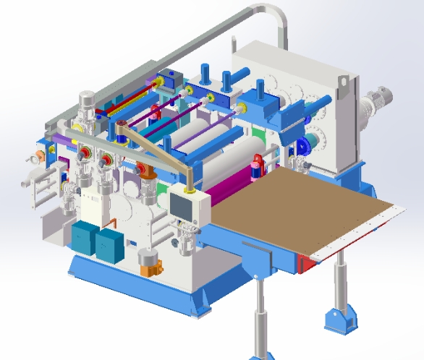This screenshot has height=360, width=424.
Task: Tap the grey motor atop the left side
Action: pos(88,102)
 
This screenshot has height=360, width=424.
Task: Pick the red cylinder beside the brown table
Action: pos(255,168)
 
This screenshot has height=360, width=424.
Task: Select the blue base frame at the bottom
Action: pos(145,286)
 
